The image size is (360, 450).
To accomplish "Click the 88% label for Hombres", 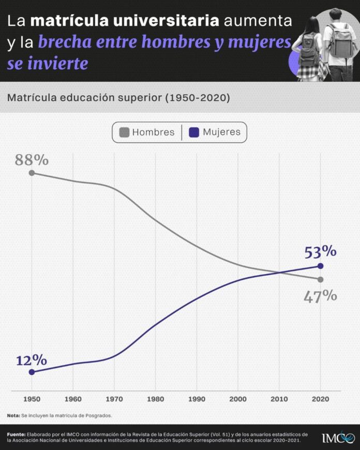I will [x=32, y=160].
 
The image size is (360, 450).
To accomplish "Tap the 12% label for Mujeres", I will [x=32, y=361].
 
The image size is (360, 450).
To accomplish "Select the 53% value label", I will [x=320, y=252].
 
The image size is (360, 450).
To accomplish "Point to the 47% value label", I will [x=320, y=296].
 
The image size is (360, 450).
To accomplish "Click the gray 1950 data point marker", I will [x=32, y=173].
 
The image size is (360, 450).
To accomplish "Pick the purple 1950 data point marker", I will [x=32, y=372].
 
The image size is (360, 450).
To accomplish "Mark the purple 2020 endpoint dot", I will [x=320, y=266].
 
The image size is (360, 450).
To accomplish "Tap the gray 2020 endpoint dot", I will [x=320, y=279].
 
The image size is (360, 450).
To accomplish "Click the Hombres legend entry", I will [x=147, y=132].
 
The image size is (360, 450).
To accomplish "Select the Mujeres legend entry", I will [x=215, y=132].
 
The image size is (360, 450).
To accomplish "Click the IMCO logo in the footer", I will [x=338, y=438].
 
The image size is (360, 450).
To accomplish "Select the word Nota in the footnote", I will [x=13, y=415].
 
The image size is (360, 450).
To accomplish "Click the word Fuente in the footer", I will [x=16, y=434].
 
